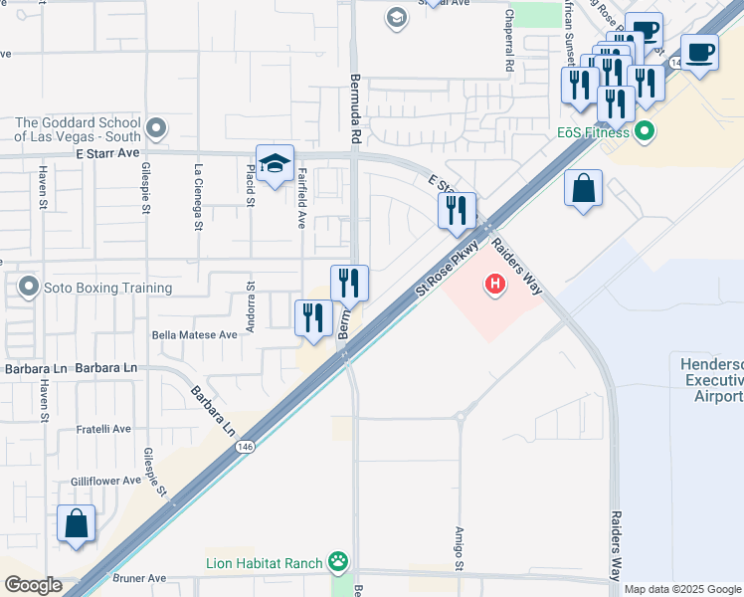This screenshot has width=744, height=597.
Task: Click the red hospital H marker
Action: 494,287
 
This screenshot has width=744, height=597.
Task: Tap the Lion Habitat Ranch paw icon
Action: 340,563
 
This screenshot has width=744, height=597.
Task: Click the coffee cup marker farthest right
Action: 699,52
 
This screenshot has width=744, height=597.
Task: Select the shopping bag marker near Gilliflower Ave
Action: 77,524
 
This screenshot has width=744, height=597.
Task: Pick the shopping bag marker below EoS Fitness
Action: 583,188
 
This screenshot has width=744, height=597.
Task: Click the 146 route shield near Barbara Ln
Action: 245,448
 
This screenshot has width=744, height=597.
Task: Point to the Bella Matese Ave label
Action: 194,335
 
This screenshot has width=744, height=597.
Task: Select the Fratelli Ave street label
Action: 104,430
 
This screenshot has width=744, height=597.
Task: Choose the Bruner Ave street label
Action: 143,578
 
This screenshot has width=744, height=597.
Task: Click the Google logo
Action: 34,585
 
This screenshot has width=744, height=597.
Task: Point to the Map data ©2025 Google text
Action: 682,589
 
